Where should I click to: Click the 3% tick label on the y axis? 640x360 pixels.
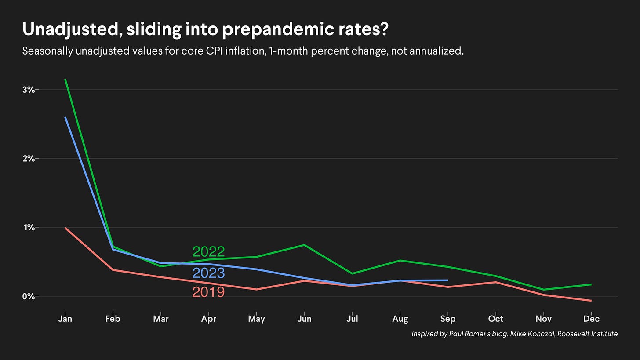[x=28, y=90]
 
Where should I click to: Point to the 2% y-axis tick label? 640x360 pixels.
[x=28, y=158]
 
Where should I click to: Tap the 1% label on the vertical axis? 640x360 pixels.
[x=29, y=227]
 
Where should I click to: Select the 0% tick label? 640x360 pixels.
[x=28, y=296]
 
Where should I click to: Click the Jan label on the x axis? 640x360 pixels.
[x=65, y=319]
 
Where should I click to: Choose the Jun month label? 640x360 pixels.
[x=304, y=319]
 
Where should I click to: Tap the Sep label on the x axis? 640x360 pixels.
[x=448, y=319]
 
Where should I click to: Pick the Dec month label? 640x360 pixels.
[x=592, y=319]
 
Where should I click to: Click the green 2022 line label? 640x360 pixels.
[x=208, y=252]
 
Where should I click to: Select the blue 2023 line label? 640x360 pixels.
[x=208, y=273]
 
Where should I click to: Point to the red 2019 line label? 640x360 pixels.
[x=208, y=292]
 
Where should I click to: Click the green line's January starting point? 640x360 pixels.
[x=65, y=80]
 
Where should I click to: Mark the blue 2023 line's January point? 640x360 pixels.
[x=65, y=117]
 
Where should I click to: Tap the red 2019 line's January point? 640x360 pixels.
[x=65, y=228]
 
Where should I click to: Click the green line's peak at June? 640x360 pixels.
[x=304, y=245]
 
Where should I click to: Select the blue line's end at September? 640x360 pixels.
[x=447, y=280]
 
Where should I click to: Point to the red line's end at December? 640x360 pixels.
[x=591, y=301]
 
